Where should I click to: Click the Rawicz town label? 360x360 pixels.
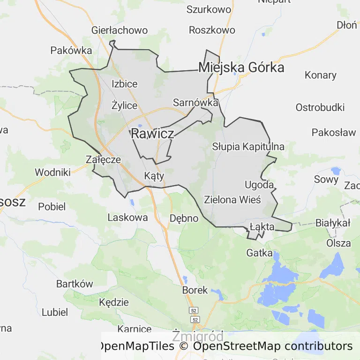(x=152, y=134)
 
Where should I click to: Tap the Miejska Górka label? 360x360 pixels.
(x=241, y=67)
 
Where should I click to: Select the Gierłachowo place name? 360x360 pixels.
(x=119, y=30)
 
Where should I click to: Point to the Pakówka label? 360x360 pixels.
(x=71, y=50)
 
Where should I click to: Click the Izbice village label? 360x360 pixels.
(x=125, y=84)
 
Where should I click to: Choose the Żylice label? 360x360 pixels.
(x=125, y=105)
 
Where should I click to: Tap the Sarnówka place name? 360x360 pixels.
(x=195, y=103)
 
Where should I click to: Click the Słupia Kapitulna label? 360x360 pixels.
(x=248, y=147)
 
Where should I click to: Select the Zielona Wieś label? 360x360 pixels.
(x=232, y=199)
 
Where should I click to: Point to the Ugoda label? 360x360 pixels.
(x=259, y=185)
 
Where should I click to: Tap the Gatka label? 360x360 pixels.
(x=259, y=253)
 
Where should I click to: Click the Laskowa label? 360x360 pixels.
(x=127, y=217)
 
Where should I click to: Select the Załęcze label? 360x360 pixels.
(x=104, y=159)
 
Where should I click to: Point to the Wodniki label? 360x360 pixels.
(x=52, y=172)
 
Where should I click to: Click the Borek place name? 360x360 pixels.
(x=195, y=290)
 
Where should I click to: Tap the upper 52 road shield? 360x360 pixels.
(x=194, y=311)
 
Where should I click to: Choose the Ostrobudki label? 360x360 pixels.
(x=320, y=107)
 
